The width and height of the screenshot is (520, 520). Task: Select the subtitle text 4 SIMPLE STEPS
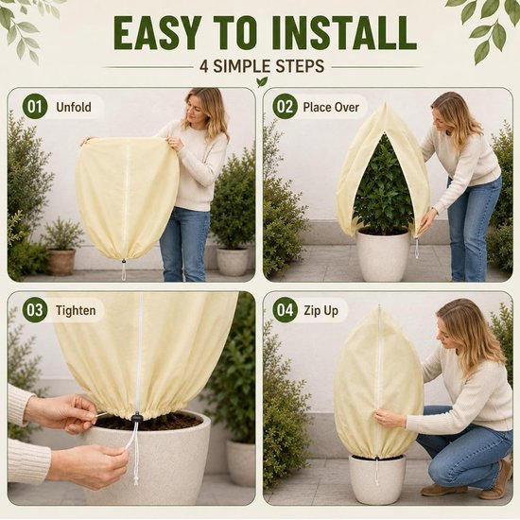tap(262, 66)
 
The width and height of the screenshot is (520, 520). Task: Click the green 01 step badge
tap(35, 107)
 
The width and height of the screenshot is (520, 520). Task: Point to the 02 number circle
tap(285, 107)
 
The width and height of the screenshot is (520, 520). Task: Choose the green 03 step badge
tap(35, 311)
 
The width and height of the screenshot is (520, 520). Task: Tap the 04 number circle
tap(285, 311)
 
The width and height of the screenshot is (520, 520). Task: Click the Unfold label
tap(74, 107)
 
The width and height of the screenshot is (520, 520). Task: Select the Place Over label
tap(331, 107)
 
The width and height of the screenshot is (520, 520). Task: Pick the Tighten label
tap(76, 311)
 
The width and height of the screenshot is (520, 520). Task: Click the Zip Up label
tap(321, 311)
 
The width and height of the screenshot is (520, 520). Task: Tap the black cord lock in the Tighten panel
tap(136, 417)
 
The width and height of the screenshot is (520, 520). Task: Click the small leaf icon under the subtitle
tap(262, 81)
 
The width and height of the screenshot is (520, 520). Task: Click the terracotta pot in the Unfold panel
tap(62, 262)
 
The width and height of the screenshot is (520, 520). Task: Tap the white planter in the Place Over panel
tap(384, 254)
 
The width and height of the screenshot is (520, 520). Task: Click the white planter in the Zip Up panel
tap(377, 478)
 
